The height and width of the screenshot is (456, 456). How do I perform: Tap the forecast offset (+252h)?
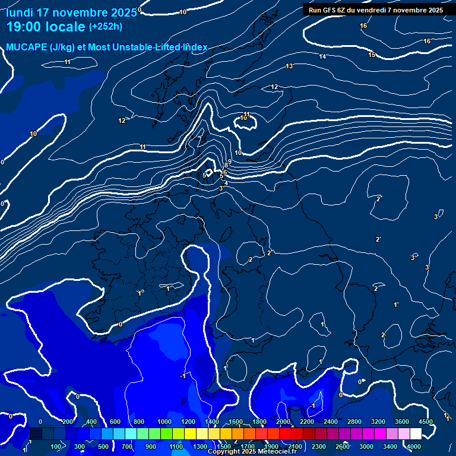coord(105,26)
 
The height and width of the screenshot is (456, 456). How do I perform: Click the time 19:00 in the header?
coord(27,27)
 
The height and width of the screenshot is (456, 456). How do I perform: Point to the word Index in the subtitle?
coord(195,47)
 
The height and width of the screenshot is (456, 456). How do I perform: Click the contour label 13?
coord(289,66)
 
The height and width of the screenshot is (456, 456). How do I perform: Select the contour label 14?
coord(322,56)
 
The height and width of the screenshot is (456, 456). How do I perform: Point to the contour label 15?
coord(372,55)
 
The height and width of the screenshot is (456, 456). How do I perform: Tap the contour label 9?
coord(229,161)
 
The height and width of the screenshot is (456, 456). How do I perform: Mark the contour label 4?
coord(226,183)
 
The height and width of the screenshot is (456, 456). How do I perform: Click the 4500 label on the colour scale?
coord(425,422)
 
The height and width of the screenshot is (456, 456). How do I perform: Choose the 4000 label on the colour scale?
coord(414,446)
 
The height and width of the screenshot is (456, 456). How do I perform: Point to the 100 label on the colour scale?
coord(56,446)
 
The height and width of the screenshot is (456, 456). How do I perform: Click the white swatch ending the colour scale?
coord(416,434)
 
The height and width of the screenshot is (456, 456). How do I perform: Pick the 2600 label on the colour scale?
coord(343,446)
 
